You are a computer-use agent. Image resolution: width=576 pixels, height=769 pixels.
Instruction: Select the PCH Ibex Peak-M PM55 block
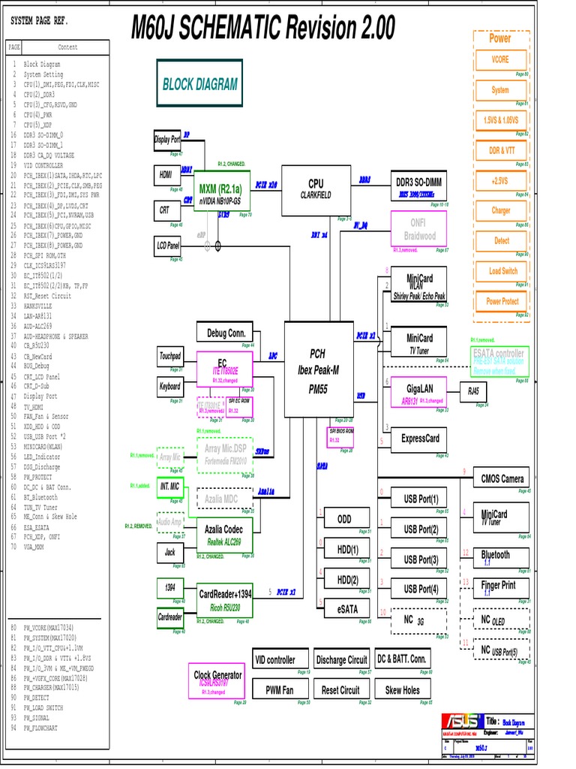[x=318, y=369]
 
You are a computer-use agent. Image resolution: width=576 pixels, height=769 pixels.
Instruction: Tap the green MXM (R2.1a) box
[x=220, y=192]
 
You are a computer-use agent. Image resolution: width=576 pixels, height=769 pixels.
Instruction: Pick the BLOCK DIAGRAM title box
[x=199, y=85]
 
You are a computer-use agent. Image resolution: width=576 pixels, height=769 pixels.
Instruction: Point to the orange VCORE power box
[x=500, y=59]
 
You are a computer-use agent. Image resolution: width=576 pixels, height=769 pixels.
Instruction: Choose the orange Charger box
[x=500, y=210]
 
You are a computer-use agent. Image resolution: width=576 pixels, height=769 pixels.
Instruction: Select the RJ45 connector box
[x=473, y=391]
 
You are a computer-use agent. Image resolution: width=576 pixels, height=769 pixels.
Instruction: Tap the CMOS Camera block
[x=502, y=478]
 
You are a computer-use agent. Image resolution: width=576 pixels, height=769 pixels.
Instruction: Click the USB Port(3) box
[x=421, y=559]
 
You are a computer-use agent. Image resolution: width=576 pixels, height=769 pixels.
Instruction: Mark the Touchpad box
[x=170, y=356]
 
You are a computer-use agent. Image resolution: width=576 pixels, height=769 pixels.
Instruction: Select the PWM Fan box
[x=280, y=689]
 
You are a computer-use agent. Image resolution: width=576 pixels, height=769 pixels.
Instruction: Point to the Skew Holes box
[x=403, y=689]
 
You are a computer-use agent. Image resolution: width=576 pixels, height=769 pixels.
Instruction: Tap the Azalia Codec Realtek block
[x=224, y=534]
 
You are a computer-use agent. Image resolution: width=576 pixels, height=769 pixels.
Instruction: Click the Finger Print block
[x=499, y=586]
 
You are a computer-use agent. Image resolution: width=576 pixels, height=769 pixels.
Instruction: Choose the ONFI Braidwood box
[x=418, y=228]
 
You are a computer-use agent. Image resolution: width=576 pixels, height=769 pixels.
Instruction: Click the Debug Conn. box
[x=226, y=333]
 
